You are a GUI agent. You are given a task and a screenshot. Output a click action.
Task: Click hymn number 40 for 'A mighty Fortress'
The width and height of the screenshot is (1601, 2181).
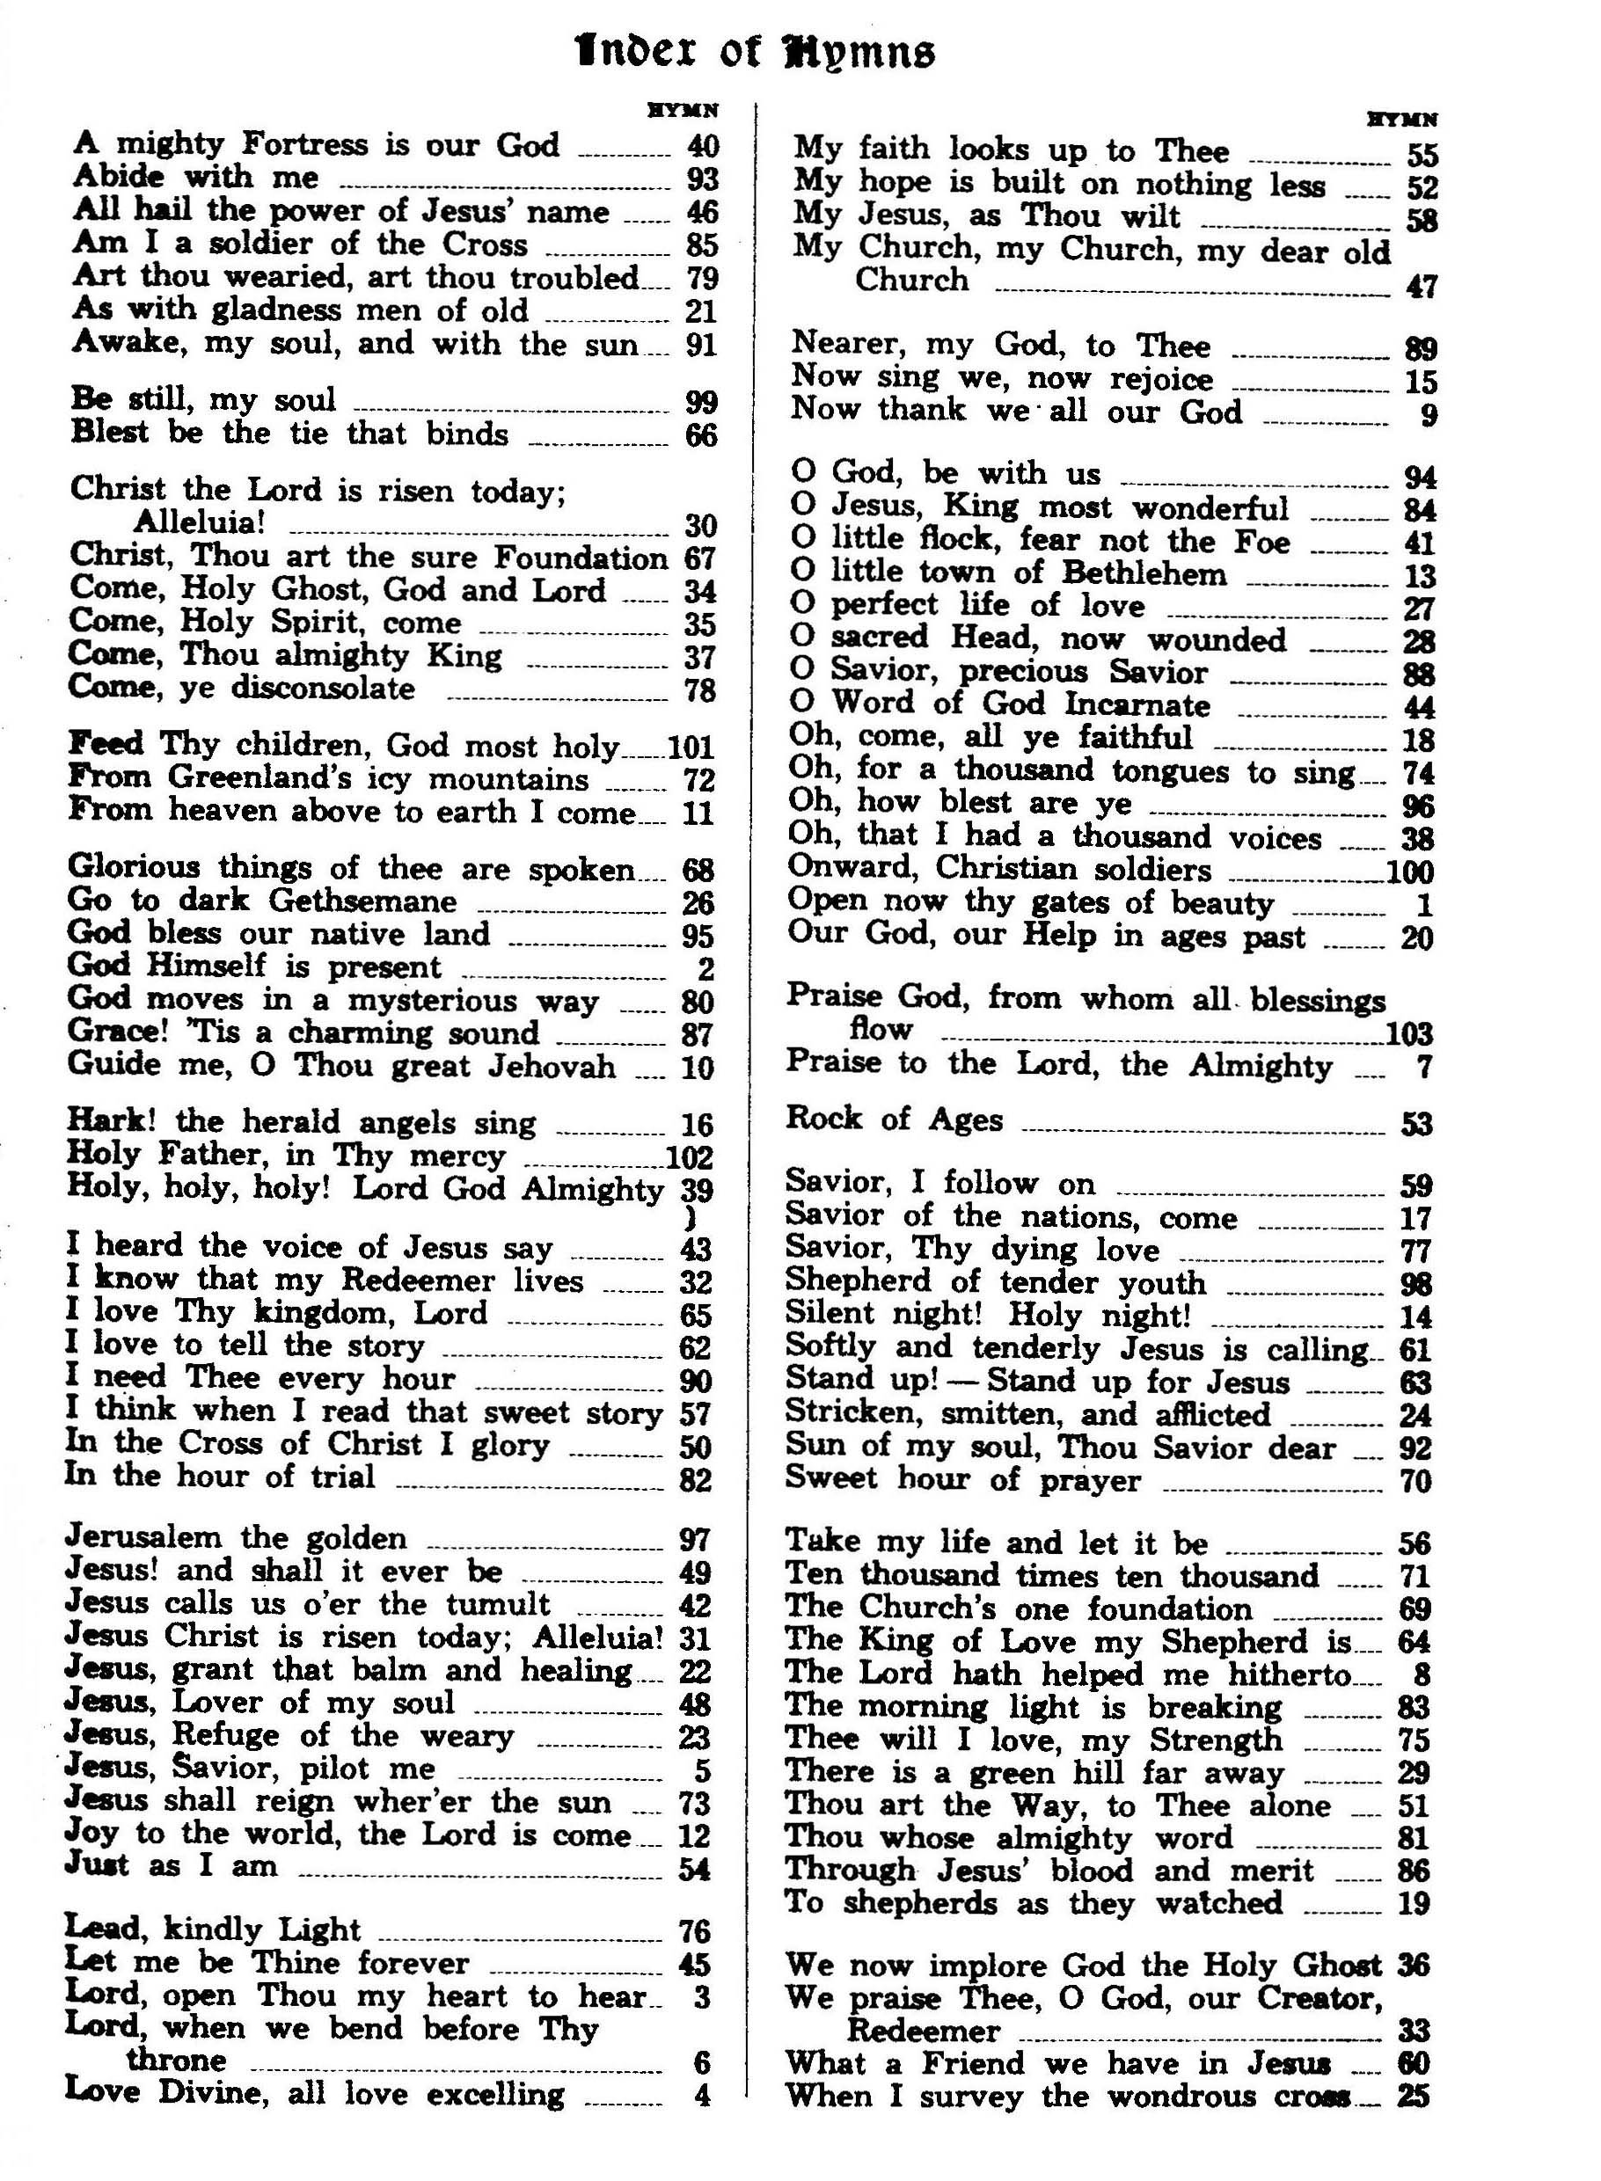(x=702, y=146)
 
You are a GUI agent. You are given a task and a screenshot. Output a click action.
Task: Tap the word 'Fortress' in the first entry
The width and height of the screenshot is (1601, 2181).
(x=305, y=144)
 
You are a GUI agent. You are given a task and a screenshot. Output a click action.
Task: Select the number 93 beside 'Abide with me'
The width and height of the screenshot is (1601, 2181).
(x=702, y=179)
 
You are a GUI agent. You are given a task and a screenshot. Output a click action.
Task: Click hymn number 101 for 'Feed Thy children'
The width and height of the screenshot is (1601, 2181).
(x=691, y=747)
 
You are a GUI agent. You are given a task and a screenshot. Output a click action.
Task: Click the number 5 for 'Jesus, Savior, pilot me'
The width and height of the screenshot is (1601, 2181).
(x=703, y=1771)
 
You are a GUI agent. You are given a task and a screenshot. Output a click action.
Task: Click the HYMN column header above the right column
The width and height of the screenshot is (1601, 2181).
(x=1402, y=120)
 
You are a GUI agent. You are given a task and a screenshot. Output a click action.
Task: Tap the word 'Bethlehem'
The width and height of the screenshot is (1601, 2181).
(x=1144, y=573)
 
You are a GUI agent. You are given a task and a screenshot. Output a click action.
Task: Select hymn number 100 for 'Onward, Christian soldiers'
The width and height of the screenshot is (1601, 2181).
(x=1410, y=872)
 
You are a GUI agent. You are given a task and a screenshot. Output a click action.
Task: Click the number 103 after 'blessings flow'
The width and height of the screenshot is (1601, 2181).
(x=1410, y=1034)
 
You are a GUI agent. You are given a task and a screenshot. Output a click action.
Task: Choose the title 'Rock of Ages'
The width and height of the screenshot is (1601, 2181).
(x=895, y=1120)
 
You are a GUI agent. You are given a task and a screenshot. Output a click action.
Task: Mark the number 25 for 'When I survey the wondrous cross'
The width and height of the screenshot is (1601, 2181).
(x=1415, y=2097)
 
